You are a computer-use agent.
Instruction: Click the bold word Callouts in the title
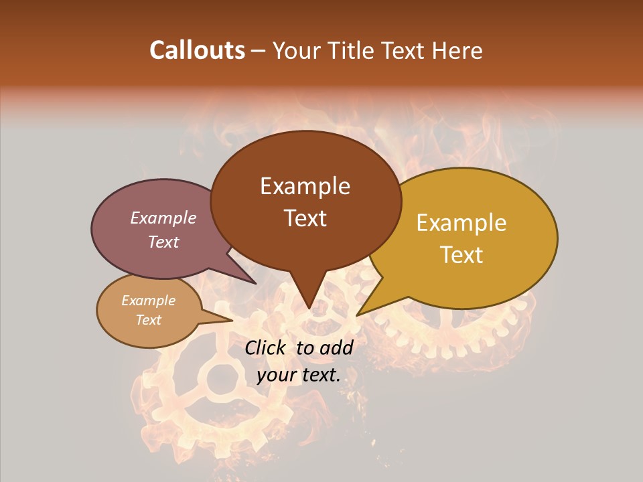[x=197, y=50]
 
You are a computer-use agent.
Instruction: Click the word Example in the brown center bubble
[x=305, y=186]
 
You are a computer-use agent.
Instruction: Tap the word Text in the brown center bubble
[x=305, y=218]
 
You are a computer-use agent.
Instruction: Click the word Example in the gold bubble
[x=461, y=223]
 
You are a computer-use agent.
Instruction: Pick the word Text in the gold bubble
[x=461, y=255]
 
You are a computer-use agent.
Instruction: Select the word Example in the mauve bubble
[x=163, y=218]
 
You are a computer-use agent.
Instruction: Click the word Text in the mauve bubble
[x=163, y=242]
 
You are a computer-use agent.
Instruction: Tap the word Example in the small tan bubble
[x=148, y=301]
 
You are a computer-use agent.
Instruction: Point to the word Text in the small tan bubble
[x=148, y=320]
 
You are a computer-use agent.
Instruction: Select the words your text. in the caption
[x=299, y=376]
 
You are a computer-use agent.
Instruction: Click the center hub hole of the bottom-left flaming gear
[x=218, y=380]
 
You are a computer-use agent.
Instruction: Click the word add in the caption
[x=336, y=347]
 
